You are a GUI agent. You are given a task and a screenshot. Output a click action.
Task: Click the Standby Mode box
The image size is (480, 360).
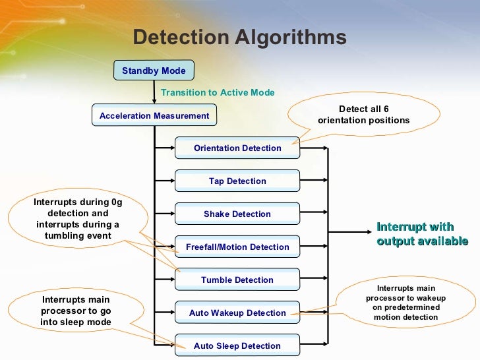click(x=154, y=71)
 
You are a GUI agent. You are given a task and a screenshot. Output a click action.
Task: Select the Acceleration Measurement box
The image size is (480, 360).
click(x=154, y=115)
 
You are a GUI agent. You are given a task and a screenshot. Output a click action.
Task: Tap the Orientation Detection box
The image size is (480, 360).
click(x=237, y=148)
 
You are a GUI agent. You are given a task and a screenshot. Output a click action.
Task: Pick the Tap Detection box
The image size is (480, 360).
click(x=237, y=181)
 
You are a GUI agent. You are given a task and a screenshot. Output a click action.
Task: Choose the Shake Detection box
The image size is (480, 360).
click(x=237, y=214)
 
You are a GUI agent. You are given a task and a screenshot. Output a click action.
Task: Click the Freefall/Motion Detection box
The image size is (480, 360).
click(x=237, y=247)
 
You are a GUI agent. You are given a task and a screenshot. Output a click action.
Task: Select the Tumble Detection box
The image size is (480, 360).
click(x=237, y=280)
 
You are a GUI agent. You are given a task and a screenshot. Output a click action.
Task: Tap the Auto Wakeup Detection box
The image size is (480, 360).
click(x=237, y=313)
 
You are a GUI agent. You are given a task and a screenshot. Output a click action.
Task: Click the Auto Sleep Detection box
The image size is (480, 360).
click(x=237, y=346)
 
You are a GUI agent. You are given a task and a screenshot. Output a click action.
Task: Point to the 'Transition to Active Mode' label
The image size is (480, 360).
click(x=218, y=93)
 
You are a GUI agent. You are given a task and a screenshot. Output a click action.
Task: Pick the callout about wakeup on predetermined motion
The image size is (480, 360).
click(x=405, y=303)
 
